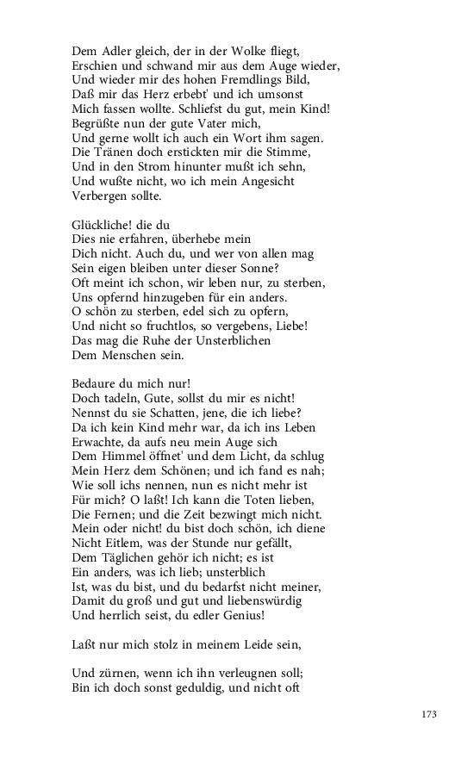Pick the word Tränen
click(x=115, y=152)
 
